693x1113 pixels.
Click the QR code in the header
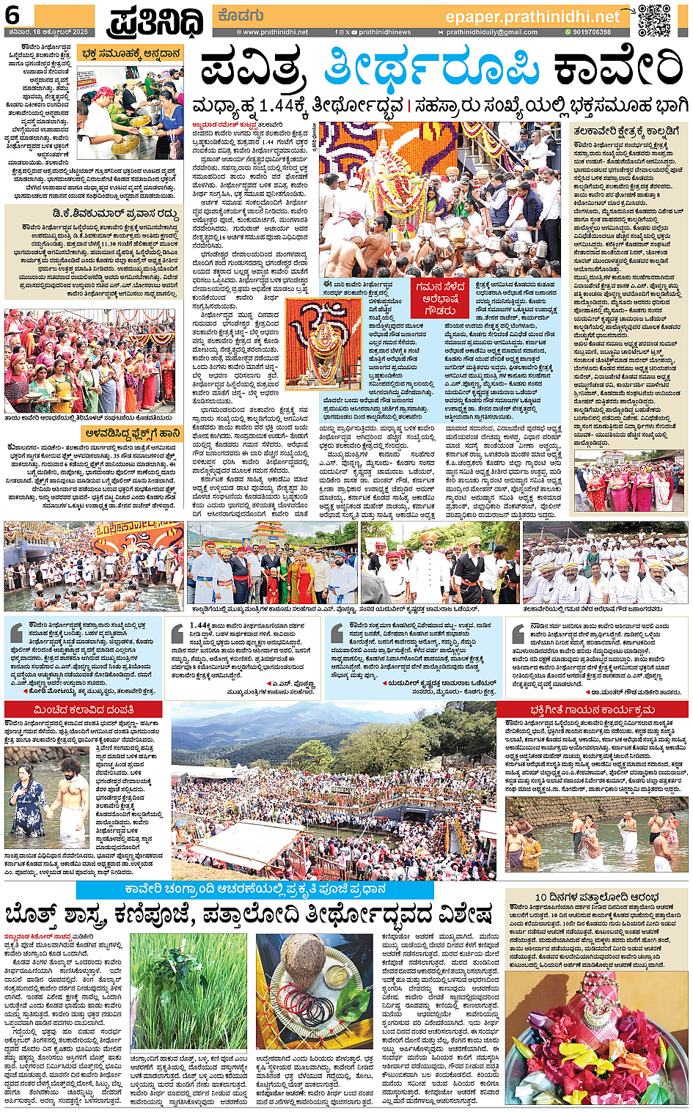[x=654, y=20]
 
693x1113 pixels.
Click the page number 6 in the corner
[x=12, y=15]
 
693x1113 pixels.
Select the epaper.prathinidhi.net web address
[x=532, y=17]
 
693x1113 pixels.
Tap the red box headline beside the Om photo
[x=440, y=300]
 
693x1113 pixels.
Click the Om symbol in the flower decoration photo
[x=323, y=323]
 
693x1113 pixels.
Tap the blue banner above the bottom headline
[x=254, y=889]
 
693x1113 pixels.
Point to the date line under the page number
[x=45, y=32]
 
